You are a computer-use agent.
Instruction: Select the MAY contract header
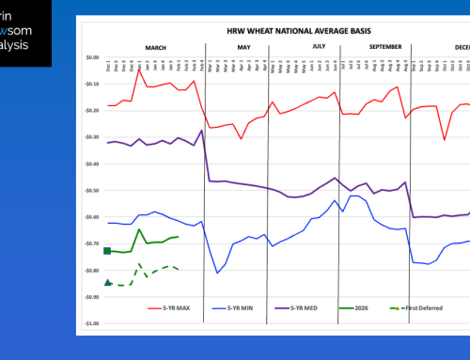coord(243,44)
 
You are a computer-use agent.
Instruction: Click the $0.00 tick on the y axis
coord(90,57)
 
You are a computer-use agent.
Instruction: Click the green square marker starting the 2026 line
coord(107,251)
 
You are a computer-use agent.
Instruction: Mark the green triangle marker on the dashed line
coord(107,282)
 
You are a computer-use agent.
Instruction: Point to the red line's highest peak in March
coord(139,70)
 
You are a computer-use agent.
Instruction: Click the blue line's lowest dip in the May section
coord(218,273)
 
